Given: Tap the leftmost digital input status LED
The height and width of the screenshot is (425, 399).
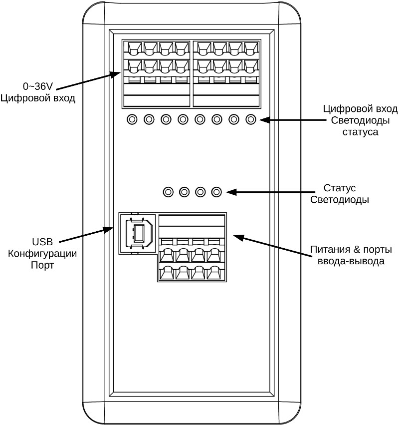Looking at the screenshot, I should [x=132, y=120].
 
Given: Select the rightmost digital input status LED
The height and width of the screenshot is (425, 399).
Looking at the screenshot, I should [x=251, y=120].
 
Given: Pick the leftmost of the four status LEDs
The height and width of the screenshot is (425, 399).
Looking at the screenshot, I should [x=169, y=192].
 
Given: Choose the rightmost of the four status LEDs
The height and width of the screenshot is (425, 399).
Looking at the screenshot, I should [x=216, y=192].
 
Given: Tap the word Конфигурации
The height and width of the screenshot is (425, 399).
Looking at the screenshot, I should [x=42, y=254].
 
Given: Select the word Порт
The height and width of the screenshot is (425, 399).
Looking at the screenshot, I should [x=42, y=265].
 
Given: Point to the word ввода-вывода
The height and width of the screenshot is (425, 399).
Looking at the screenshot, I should [x=346, y=261].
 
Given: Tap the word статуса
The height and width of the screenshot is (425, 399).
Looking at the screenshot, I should [x=361, y=132].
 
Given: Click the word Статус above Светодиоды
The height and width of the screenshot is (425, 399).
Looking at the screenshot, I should [x=339, y=188].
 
